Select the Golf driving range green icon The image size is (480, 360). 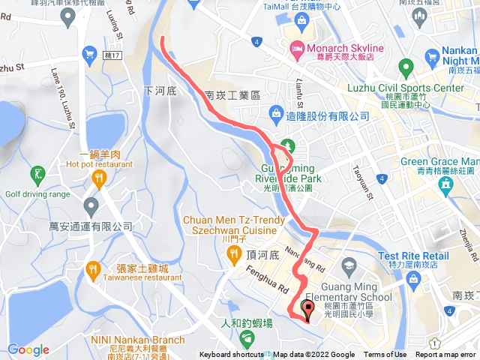pyautogui.click(x=37, y=176)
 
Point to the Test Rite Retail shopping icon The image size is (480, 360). pyautogui.click(x=413, y=280)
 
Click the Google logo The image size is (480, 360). pyautogui.click(x=28, y=349)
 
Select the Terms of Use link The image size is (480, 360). pyautogui.click(x=385, y=355)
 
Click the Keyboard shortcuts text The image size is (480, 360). pyautogui.click(x=232, y=355)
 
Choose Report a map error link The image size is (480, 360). pyautogui.click(x=445, y=355)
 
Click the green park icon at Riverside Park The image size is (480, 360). pyautogui.click(x=285, y=145)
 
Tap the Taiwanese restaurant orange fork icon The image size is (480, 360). pyautogui.click(x=93, y=268)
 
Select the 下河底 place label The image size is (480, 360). pyautogui.click(x=159, y=90)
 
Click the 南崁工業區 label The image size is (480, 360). pyautogui.click(x=232, y=96)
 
